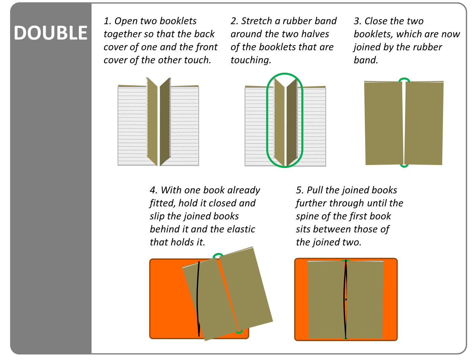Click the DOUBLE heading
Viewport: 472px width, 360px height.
click(x=50, y=33)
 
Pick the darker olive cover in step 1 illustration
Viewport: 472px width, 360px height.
click(x=165, y=120)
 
